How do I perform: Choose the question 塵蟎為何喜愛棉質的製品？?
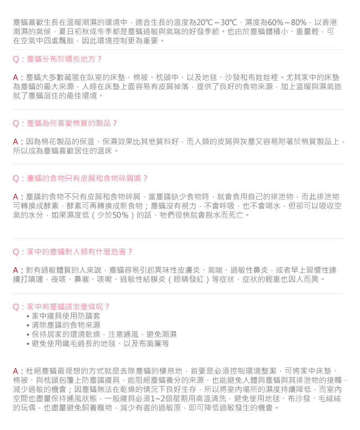point(65,123)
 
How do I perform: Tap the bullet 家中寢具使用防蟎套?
point(66,316)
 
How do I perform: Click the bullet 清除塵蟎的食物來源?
point(66,325)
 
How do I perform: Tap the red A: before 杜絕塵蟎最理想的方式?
point(18,371)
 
